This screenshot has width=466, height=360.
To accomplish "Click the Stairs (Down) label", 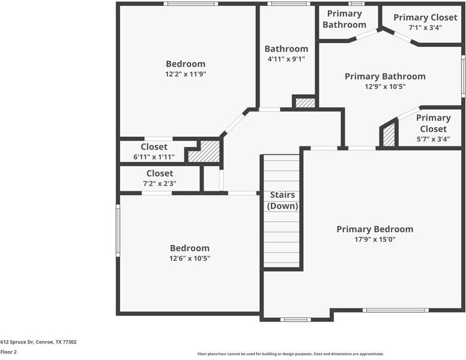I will tap(282, 200).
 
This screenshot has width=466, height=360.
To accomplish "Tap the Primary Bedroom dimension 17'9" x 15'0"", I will tap(374, 239).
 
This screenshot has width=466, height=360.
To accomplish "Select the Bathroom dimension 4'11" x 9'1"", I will tap(286, 59).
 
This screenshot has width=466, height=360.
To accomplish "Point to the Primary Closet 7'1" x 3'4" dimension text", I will tap(425, 28).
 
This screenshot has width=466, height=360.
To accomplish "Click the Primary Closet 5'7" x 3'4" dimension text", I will tap(433, 139).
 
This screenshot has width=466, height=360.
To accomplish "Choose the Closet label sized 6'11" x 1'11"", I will tap(154, 147).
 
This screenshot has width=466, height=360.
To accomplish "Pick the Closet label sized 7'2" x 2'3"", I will tap(159, 173).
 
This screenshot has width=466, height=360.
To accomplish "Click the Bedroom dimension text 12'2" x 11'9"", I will tap(186, 74).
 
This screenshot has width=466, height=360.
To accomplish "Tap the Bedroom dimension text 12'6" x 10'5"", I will tap(190, 258).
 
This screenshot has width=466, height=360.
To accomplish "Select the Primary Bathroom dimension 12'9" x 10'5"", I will tap(385, 86).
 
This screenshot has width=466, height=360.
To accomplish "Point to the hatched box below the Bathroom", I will tap(305, 103).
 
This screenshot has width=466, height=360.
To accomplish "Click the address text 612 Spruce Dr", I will tap(38, 342).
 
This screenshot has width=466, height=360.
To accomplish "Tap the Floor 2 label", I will tap(8, 352).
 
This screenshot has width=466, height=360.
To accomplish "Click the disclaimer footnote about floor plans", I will tap(290, 354).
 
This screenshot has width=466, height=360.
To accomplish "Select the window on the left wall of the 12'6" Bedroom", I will tap(118, 230).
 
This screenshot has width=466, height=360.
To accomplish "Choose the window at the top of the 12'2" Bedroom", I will tap(190, 4).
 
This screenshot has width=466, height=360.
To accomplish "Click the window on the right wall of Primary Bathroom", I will tap(463, 76).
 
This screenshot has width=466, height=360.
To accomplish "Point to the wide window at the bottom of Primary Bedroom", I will tap(395, 310).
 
